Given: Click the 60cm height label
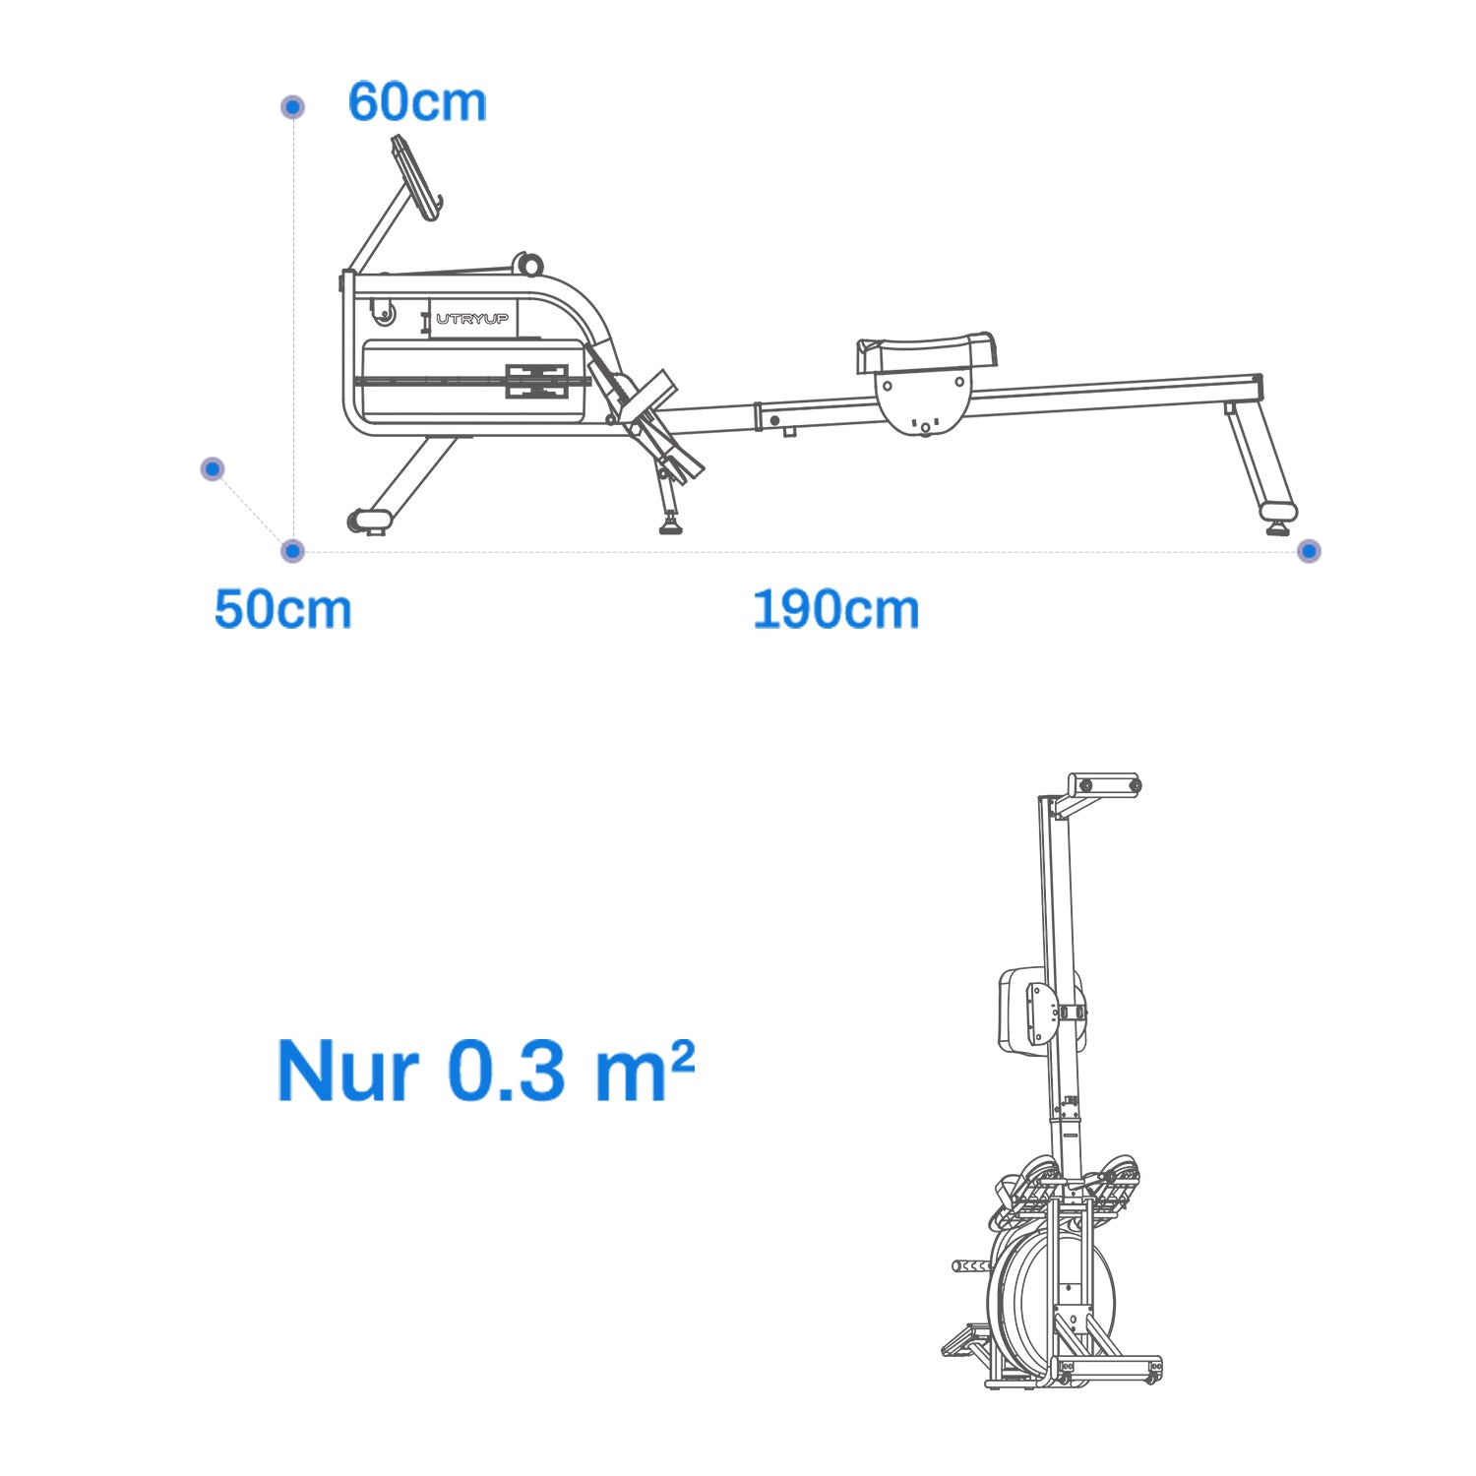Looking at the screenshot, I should tap(417, 102).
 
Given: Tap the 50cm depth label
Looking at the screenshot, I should tap(282, 609).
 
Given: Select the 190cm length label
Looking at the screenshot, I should tap(835, 609).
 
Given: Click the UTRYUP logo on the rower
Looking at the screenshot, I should tap(472, 319).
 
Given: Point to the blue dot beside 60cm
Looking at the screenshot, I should tap(292, 106).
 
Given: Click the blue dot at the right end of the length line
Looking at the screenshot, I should tap(1308, 551).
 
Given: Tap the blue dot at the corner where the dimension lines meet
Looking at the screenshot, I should tap(292, 551).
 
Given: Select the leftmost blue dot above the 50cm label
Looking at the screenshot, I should tap(213, 468).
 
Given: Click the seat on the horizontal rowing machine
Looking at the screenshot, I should tap(925, 352).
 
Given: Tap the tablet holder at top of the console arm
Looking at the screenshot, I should tap(416, 177).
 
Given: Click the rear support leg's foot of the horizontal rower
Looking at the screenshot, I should tap(1278, 515).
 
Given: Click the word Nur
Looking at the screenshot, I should tap(348, 1071).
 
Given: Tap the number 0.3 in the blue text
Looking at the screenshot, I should tap(507, 1071).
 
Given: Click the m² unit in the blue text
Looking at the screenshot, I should tap(645, 1071).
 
